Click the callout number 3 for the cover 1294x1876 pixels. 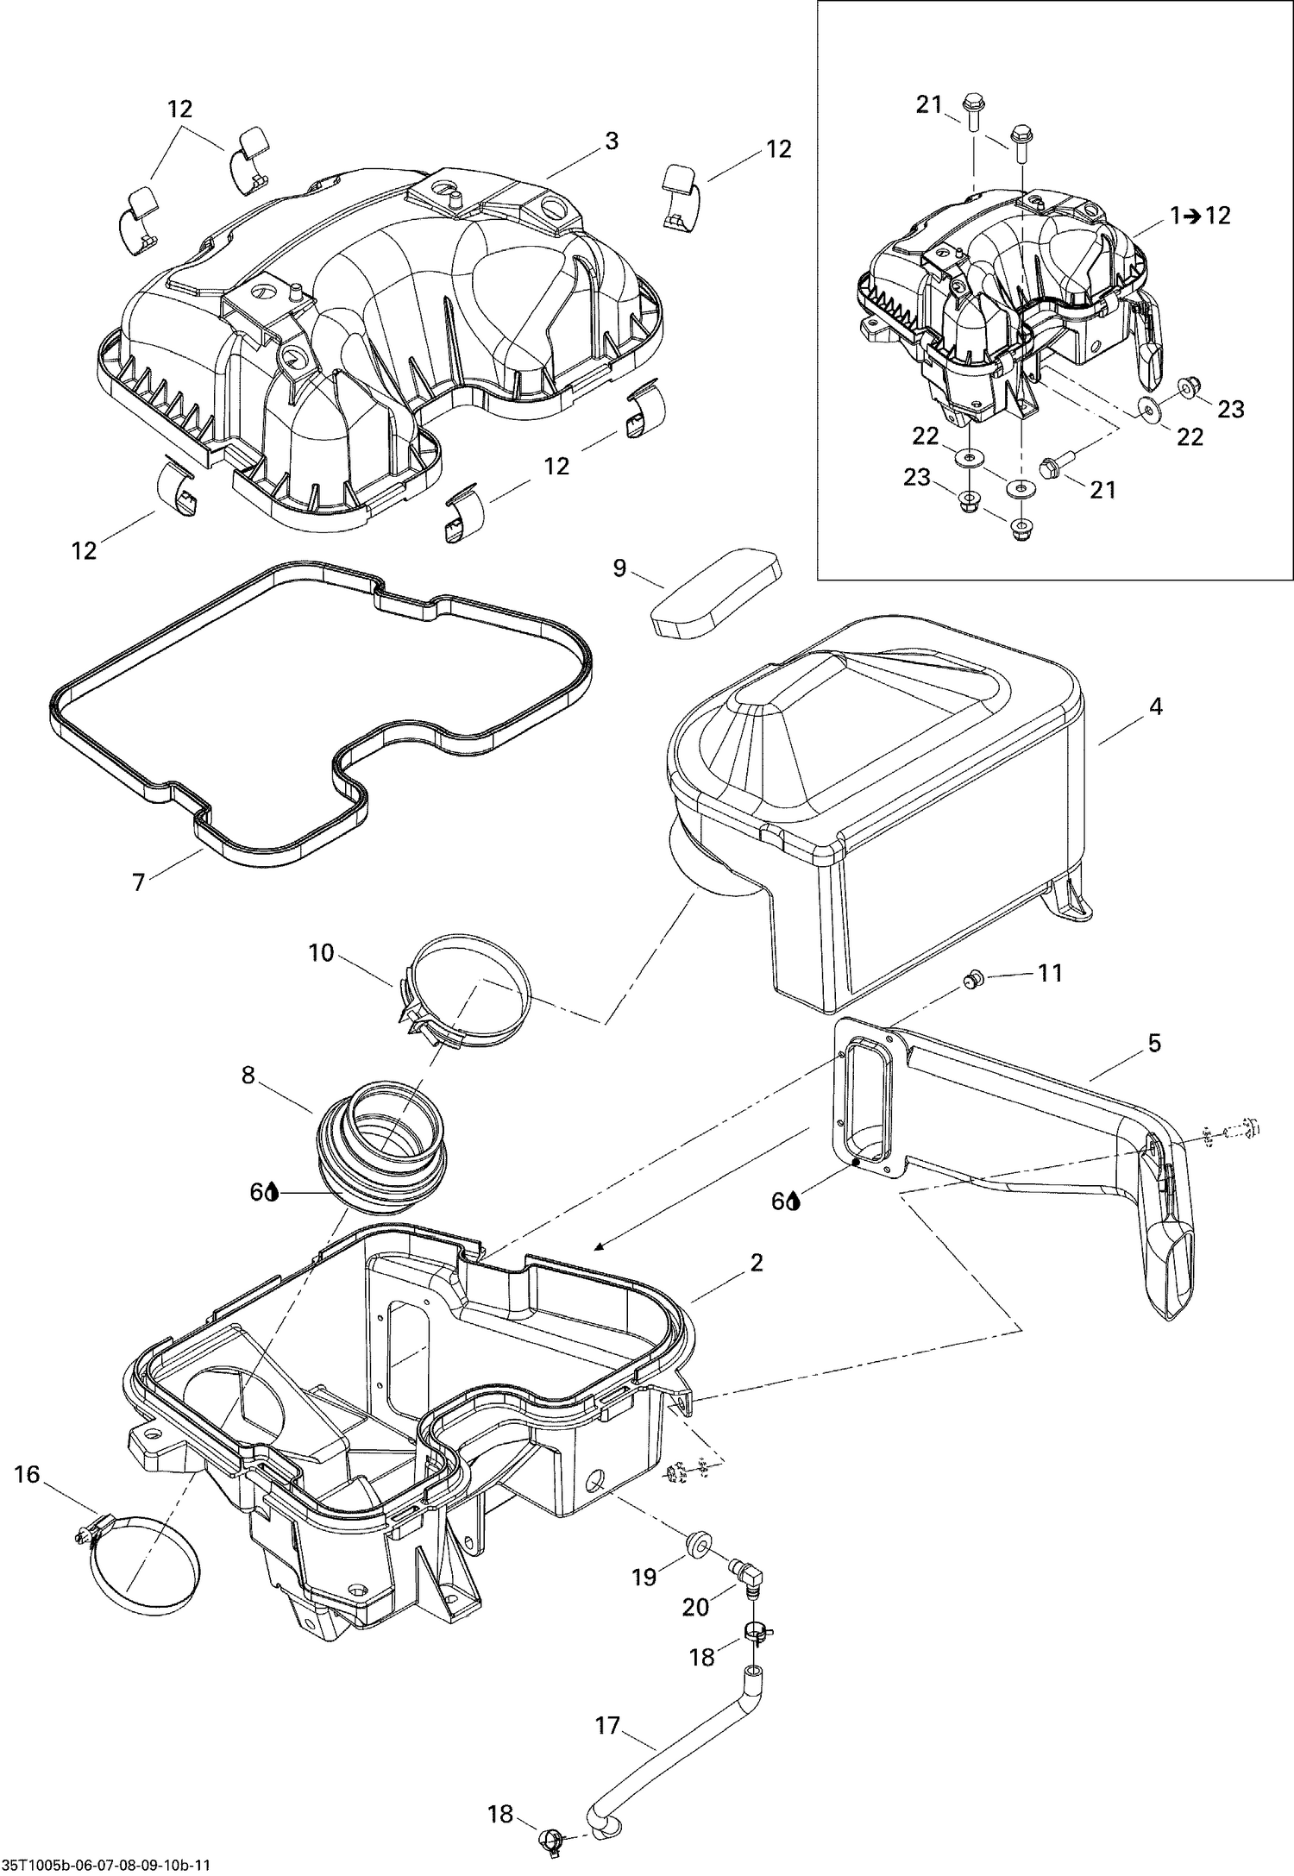click(x=611, y=141)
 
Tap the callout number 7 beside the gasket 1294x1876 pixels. click(x=139, y=882)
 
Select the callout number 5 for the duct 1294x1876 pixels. click(x=1154, y=1044)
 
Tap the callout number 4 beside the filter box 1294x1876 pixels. click(x=1155, y=706)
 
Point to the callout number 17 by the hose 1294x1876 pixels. click(x=607, y=1722)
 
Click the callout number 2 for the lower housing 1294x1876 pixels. click(x=756, y=1263)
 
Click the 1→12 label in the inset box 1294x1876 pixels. click(x=1201, y=216)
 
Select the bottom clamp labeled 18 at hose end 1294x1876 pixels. click(x=550, y=1842)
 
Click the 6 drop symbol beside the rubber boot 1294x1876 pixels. click(x=264, y=1192)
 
